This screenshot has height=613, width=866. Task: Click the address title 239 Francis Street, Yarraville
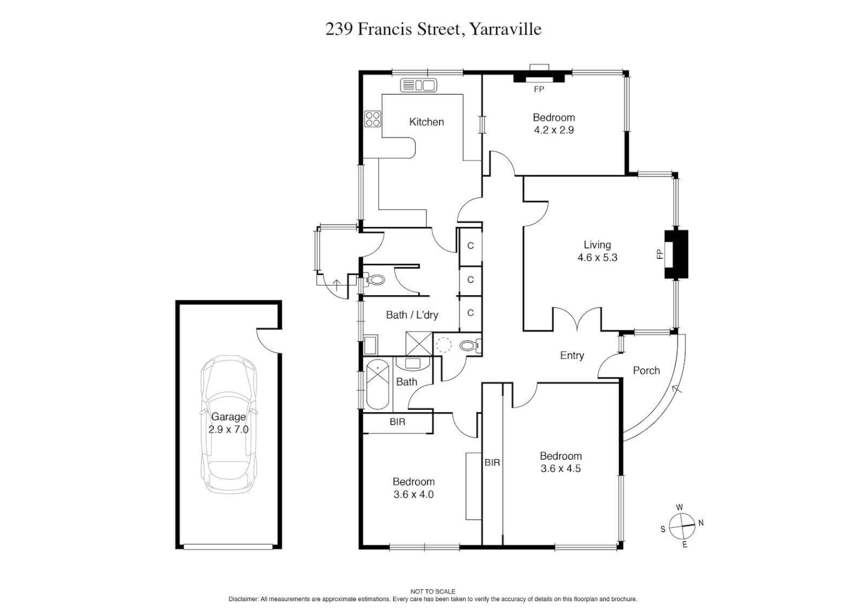[433, 29]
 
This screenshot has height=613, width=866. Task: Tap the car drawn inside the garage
[228, 424]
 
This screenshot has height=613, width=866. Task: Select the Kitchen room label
[426, 122]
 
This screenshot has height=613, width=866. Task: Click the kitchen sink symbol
[419, 86]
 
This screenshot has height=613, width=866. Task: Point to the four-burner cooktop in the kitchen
[373, 119]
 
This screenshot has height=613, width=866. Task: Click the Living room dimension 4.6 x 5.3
[597, 258]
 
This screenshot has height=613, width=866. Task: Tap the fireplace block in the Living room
[676, 254]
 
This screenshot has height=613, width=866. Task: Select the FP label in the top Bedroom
[539, 90]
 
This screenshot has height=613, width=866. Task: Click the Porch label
[646, 371]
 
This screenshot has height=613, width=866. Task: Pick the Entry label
[572, 355]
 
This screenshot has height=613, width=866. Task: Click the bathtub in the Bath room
[377, 384]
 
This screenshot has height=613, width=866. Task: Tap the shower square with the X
[419, 343]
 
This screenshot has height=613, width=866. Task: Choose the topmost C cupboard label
[470, 246]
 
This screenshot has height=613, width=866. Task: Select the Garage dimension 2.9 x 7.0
[228, 430]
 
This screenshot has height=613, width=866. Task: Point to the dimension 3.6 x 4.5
[560, 469]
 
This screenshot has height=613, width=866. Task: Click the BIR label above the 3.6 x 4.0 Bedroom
[398, 422]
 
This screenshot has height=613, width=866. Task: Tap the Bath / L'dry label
[412, 315]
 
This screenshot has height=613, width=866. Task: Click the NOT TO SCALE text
[433, 591]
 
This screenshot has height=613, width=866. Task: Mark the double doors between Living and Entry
[577, 320]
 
